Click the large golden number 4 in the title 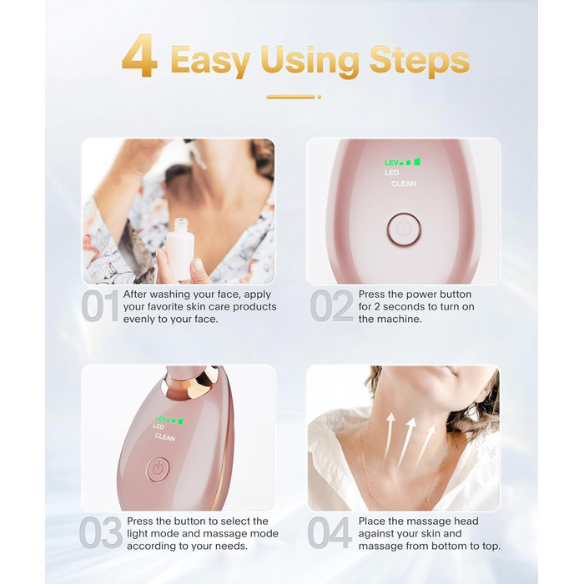pos(139,56)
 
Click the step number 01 pos(100,306)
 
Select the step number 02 pos(331,306)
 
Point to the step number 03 pos(101,532)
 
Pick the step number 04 pos(330,532)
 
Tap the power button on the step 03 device pos(158,469)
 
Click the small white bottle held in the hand pos(180,250)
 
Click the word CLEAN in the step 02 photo pos(403,184)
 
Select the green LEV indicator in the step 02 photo pos(403,162)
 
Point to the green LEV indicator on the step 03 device pos(169,420)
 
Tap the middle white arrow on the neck pos(407,442)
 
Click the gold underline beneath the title pos(294,97)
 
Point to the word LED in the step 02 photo pos(392,173)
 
